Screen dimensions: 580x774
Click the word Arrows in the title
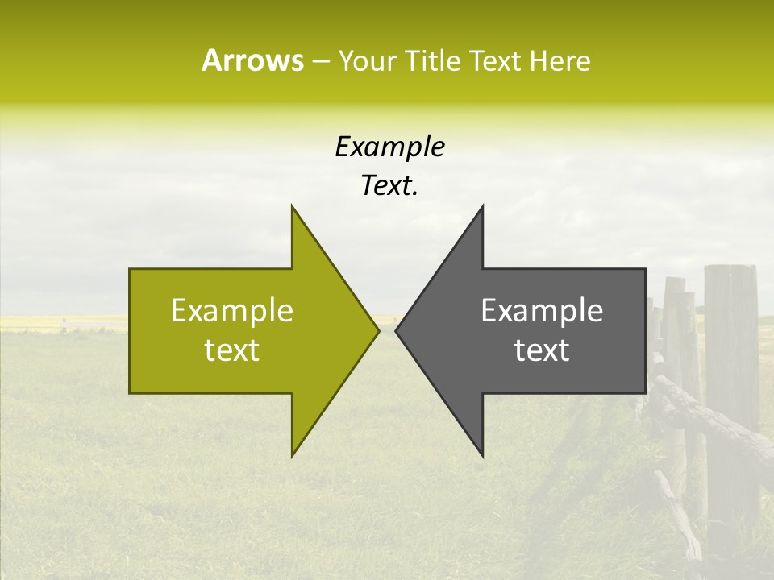pyautogui.click(x=252, y=60)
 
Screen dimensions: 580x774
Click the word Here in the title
pyautogui.click(x=560, y=61)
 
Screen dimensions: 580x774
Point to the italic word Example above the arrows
pyautogui.click(x=389, y=147)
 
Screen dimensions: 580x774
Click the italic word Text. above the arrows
pyautogui.click(x=389, y=186)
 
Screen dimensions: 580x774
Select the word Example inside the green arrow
pyautogui.click(x=232, y=311)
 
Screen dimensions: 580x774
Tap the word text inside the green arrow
pyautogui.click(x=232, y=350)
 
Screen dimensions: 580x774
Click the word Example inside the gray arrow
pyautogui.click(x=542, y=311)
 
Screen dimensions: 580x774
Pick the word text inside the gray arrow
pyautogui.click(x=542, y=350)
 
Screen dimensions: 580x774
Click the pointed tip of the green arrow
pyautogui.click(x=378, y=330)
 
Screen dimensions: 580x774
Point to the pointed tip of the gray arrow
pyautogui.click(x=396, y=330)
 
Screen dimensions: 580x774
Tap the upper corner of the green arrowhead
pyautogui.click(x=292, y=206)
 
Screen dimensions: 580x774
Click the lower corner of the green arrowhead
pyautogui.click(x=292, y=456)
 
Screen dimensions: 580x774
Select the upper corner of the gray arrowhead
pyautogui.click(x=482, y=206)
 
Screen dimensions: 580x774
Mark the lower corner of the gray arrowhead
pyautogui.click(x=482, y=456)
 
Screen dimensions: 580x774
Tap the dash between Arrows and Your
pyautogui.click(x=320, y=61)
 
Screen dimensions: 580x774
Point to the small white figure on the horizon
pyautogui.click(x=63, y=325)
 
